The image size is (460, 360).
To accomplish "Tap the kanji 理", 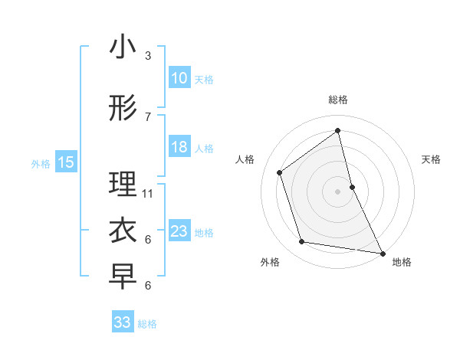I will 123,185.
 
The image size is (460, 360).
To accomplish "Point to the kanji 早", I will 123,277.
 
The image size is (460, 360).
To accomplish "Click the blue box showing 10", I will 179,78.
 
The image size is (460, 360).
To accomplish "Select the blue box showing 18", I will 179,147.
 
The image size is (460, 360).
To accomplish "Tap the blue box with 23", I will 179,231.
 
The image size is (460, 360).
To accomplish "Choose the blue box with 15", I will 66,162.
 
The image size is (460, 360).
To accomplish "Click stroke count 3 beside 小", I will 147,56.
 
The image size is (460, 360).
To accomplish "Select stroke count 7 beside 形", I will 147,117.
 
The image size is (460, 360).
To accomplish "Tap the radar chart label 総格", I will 338,100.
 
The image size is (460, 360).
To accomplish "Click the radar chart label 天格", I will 432,159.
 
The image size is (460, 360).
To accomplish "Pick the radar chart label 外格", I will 270,262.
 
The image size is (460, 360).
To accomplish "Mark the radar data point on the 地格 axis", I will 382,253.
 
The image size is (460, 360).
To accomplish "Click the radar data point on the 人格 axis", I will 280,172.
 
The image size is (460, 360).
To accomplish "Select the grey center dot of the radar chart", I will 338,191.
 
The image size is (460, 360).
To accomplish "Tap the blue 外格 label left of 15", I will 40,163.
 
